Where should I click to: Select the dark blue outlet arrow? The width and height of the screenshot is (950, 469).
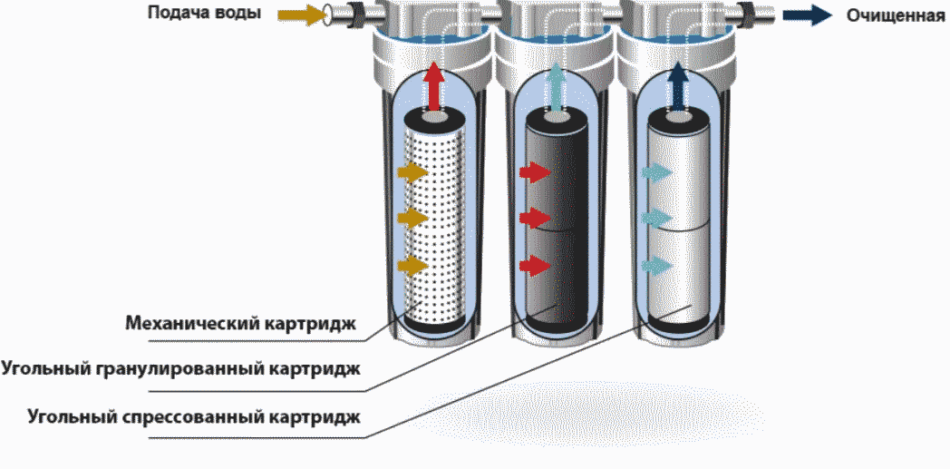click(806, 15)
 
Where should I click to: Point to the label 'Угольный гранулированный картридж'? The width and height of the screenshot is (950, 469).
click(181, 369)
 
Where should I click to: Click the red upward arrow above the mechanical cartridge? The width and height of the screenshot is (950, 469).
click(434, 83)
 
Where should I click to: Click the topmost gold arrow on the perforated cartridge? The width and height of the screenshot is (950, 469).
click(412, 171)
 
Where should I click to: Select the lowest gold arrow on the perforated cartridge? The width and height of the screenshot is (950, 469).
click(412, 265)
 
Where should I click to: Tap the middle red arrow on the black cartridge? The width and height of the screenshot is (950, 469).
click(535, 218)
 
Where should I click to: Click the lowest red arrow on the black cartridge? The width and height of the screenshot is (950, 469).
click(535, 265)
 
